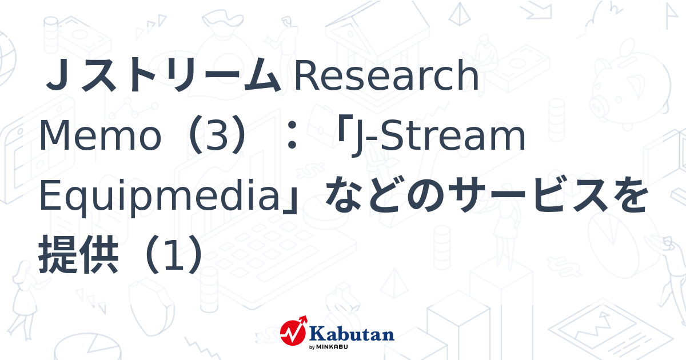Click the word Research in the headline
coord(386,78)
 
